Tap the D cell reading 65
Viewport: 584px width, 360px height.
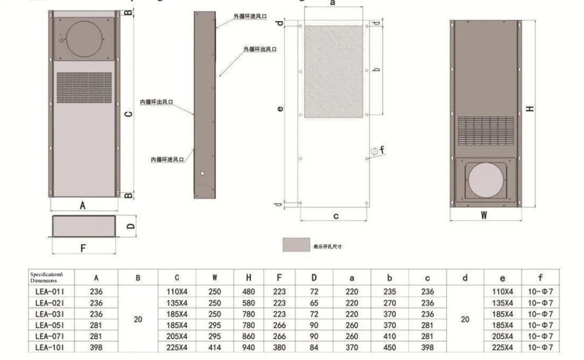(x=314, y=303)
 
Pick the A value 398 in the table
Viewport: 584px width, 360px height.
(x=96, y=347)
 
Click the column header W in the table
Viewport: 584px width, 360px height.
(x=215, y=277)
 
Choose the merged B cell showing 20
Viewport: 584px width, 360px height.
(x=138, y=320)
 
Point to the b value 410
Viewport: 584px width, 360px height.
(x=390, y=336)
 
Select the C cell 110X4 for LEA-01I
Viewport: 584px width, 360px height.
(x=177, y=292)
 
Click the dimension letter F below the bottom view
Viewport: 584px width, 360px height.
(x=82, y=247)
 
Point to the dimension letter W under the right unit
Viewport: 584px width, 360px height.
(x=484, y=215)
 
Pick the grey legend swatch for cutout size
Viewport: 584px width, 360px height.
(x=296, y=245)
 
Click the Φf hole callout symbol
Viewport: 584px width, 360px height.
(x=376, y=151)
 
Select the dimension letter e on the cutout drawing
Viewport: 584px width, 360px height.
(x=280, y=110)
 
